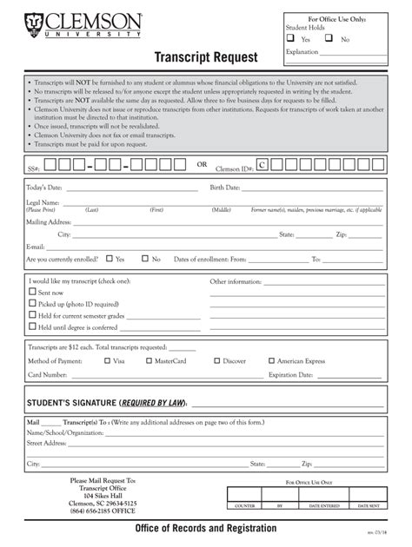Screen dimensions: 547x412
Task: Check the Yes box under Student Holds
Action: click(290, 39)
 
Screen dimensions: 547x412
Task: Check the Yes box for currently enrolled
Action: click(109, 258)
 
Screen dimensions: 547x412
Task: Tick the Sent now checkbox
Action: click(33, 293)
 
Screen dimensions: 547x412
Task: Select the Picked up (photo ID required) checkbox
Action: click(33, 304)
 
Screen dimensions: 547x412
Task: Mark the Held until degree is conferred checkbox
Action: click(33, 326)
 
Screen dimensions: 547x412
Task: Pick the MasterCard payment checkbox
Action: click(150, 359)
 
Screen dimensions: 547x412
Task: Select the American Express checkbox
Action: click(269, 359)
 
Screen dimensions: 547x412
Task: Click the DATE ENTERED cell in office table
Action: click(323, 505)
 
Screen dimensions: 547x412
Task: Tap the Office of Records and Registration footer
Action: click(206, 529)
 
